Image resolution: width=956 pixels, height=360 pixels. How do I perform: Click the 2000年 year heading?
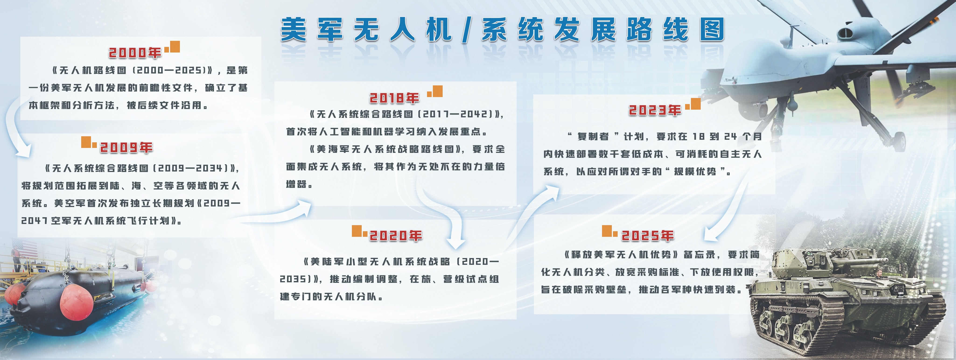pos(135,53)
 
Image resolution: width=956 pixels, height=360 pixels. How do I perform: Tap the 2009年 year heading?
pos(126,147)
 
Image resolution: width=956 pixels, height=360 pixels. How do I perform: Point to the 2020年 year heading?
pos(396,235)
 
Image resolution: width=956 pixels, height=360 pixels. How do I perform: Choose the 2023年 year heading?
pos(655,110)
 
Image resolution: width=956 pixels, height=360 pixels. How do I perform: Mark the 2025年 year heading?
pos(648,235)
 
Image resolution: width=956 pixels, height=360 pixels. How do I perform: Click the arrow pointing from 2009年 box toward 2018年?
pos(277,213)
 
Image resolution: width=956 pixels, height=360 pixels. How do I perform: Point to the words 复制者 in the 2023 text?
pos(593,136)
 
